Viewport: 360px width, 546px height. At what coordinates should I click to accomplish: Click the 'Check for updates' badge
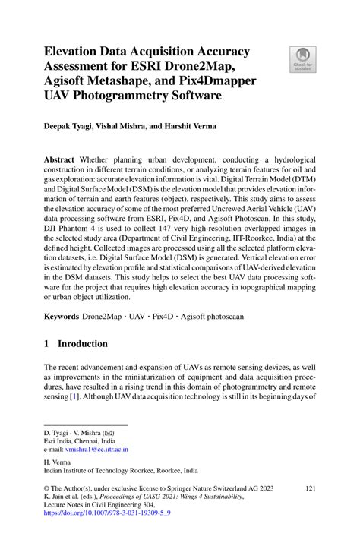(x=303, y=60)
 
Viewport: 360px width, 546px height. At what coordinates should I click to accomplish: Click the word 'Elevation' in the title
(x=77, y=51)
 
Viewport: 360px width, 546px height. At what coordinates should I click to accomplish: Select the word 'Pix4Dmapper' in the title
(x=210, y=81)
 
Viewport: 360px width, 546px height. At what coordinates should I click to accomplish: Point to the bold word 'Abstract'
(x=63, y=162)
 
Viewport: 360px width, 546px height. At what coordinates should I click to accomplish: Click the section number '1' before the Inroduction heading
(x=47, y=343)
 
